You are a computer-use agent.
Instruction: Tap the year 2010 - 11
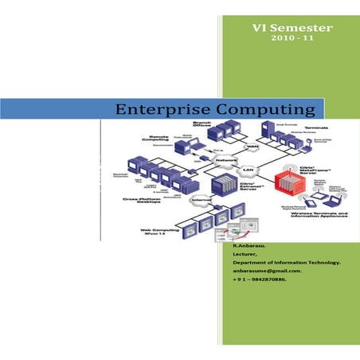click(x=292, y=38)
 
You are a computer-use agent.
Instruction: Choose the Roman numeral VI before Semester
click(x=259, y=27)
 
